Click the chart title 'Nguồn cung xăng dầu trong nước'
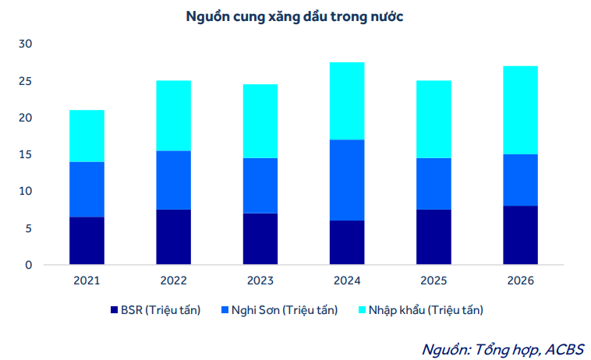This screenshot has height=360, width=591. coord(295,16)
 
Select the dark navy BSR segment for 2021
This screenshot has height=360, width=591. coord(87,241)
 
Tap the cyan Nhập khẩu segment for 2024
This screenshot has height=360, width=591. coord(347,101)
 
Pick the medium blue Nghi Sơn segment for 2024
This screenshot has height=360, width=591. coord(347,180)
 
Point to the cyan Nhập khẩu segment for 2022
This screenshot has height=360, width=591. coord(173,115)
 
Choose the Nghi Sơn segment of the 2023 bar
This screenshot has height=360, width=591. coord(260,185)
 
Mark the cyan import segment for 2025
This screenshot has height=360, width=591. coord(434,119)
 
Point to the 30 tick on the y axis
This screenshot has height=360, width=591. coord(25,44)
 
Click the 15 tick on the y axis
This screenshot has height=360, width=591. coord(25,155)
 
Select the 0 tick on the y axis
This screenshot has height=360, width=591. coord(29,266)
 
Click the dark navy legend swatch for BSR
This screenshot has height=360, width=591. coord(114,310)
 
